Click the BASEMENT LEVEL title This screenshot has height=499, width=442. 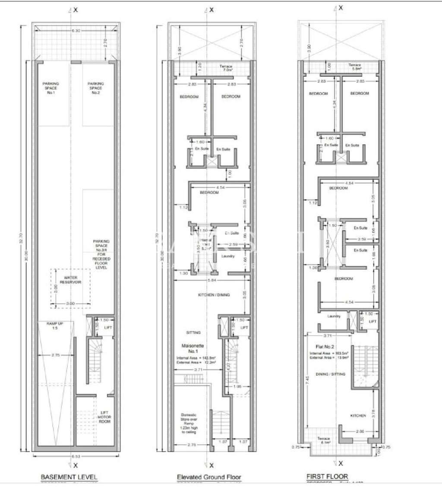(69, 477)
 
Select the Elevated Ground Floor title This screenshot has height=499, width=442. (209, 477)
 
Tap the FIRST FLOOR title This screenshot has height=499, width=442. (327, 477)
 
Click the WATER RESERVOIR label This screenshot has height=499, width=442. (70, 280)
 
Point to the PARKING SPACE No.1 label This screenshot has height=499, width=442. (51, 88)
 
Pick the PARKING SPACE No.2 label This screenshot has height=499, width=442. (96, 88)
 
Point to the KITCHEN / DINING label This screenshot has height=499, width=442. (214, 295)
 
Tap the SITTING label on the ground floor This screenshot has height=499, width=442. (193, 333)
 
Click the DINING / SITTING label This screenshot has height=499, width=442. (331, 374)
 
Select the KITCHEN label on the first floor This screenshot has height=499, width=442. (358, 416)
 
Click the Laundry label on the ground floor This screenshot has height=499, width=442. (227, 256)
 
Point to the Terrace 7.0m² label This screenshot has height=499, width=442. (227, 68)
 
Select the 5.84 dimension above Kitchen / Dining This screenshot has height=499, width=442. (212, 281)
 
